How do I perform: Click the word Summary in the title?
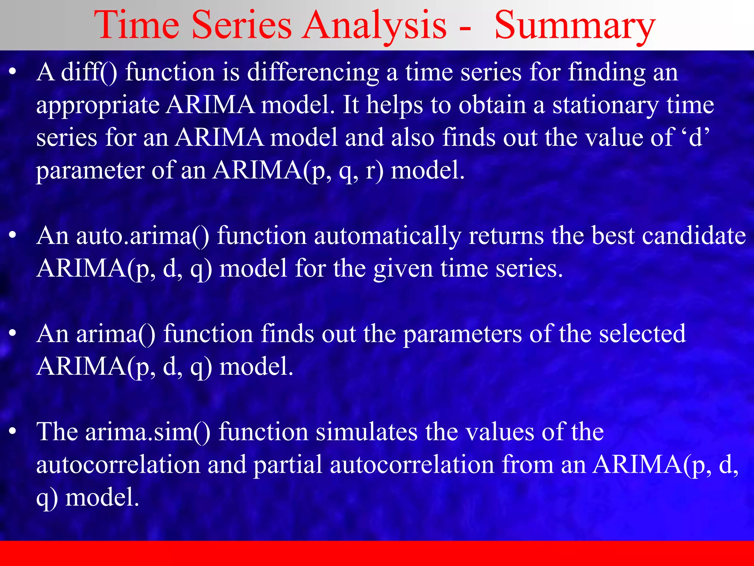click(574, 26)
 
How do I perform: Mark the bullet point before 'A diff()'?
click(13, 72)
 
